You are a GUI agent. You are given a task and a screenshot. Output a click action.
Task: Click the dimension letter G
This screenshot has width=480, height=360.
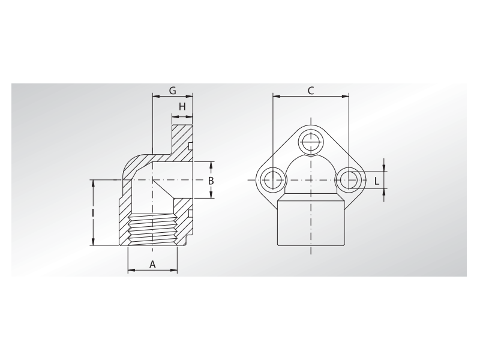coord(172,91)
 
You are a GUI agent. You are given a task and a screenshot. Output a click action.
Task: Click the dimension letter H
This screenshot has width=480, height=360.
coord(182,106)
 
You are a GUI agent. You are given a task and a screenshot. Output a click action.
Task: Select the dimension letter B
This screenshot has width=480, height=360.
coord(211,180)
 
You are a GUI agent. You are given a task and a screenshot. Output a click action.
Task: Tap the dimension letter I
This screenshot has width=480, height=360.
coord(93,212)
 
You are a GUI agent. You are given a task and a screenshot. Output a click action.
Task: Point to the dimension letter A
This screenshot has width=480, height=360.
coord(152,264)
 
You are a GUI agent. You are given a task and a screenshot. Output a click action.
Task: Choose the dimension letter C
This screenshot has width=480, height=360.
coord(311,91)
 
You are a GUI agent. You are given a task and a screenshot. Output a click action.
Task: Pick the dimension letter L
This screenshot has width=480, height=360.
coord(376,180)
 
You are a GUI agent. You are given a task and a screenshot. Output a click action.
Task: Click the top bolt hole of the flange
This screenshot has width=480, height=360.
coord(311,141)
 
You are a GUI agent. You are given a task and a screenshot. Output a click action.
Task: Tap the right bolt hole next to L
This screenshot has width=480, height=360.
coord(349,179)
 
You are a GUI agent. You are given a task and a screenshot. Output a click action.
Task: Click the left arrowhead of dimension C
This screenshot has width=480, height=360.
coord(275,95)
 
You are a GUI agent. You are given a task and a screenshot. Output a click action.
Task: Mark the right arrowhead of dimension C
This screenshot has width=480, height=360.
coord(346,95)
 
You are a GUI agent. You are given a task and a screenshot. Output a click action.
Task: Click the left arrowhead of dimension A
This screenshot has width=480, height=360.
coord(131,271)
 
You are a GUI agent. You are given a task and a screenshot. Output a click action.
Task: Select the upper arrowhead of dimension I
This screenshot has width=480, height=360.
coord(93,182)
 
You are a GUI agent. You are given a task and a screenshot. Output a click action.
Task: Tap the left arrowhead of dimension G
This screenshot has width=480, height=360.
coord(155,95)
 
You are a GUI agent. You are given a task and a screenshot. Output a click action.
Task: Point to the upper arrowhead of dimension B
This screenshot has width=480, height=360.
coord(211,164)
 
